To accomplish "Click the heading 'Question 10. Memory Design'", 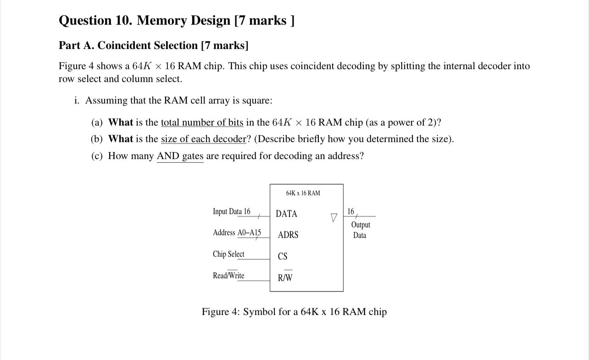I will [177, 21].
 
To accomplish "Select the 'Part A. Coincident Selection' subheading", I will [154, 45].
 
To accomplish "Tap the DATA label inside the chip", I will [286, 214].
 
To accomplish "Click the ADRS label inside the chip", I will [288, 235].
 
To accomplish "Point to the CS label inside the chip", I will [283, 256].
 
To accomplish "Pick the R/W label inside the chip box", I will [285, 277].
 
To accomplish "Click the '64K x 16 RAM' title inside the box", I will [303, 193].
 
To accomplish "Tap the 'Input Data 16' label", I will [232, 211].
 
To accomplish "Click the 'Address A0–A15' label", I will [237, 233].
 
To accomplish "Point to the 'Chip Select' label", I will [228, 254].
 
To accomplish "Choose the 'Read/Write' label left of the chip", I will [228, 276].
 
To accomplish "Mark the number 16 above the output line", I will [351, 211].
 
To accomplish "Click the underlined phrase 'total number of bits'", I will [202, 122].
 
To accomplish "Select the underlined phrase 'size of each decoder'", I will [203, 139].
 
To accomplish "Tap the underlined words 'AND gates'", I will [180, 156].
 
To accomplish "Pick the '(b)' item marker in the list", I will [97, 139].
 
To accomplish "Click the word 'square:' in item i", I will [259, 100].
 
